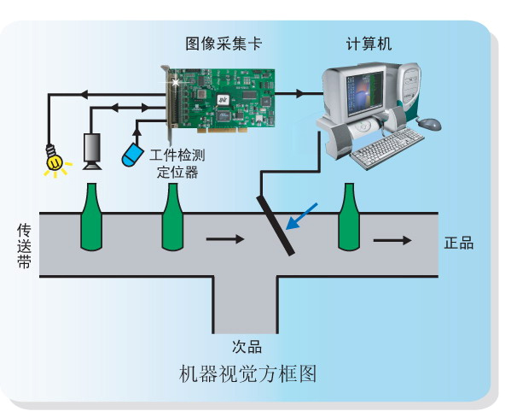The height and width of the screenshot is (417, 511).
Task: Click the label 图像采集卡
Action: (x=224, y=44)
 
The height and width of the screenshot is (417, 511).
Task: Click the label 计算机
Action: (x=369, y=44)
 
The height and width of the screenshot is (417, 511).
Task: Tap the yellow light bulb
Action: (x=54, y=160)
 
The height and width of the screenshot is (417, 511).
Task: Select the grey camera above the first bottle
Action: (x=92, y=151)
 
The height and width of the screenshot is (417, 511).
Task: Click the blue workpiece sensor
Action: (x=132, y=155)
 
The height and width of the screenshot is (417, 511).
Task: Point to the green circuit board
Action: (x=221, y=99)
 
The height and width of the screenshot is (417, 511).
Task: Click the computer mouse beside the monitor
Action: (x=429, y=124)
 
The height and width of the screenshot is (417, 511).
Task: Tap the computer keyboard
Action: (x=388, y=148)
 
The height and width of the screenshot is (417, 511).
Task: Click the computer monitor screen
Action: (x=365, y=94)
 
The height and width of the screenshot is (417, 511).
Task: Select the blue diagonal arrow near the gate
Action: (x=301, y=216)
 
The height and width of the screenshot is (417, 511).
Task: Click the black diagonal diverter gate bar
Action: (x=276, y=226)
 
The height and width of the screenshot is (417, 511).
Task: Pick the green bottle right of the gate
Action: (x=349, y=217)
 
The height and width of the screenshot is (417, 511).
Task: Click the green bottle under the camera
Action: (x=91, y=217)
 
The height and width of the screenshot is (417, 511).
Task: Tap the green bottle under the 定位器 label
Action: (x=172, y=217)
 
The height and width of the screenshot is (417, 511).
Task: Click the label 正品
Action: (x=459, y=244)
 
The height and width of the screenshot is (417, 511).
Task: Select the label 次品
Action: (x=247, y=347)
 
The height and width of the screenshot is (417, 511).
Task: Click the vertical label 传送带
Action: (x=24, y=246)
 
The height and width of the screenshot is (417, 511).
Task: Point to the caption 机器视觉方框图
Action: (x=248, y=374)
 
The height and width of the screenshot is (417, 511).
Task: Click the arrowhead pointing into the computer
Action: (x=299, y=94)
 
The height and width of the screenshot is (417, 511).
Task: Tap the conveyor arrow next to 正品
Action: (x=392, y=240)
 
